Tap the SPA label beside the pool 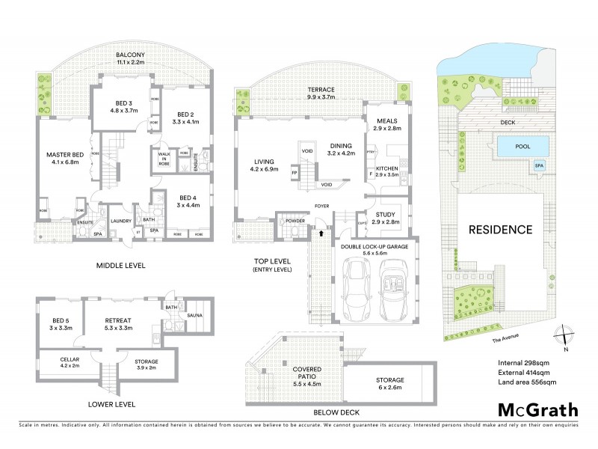coord(539,165)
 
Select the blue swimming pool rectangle coord(523,147)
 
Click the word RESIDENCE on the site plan coord(501,230)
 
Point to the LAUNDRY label coord(121,222)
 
